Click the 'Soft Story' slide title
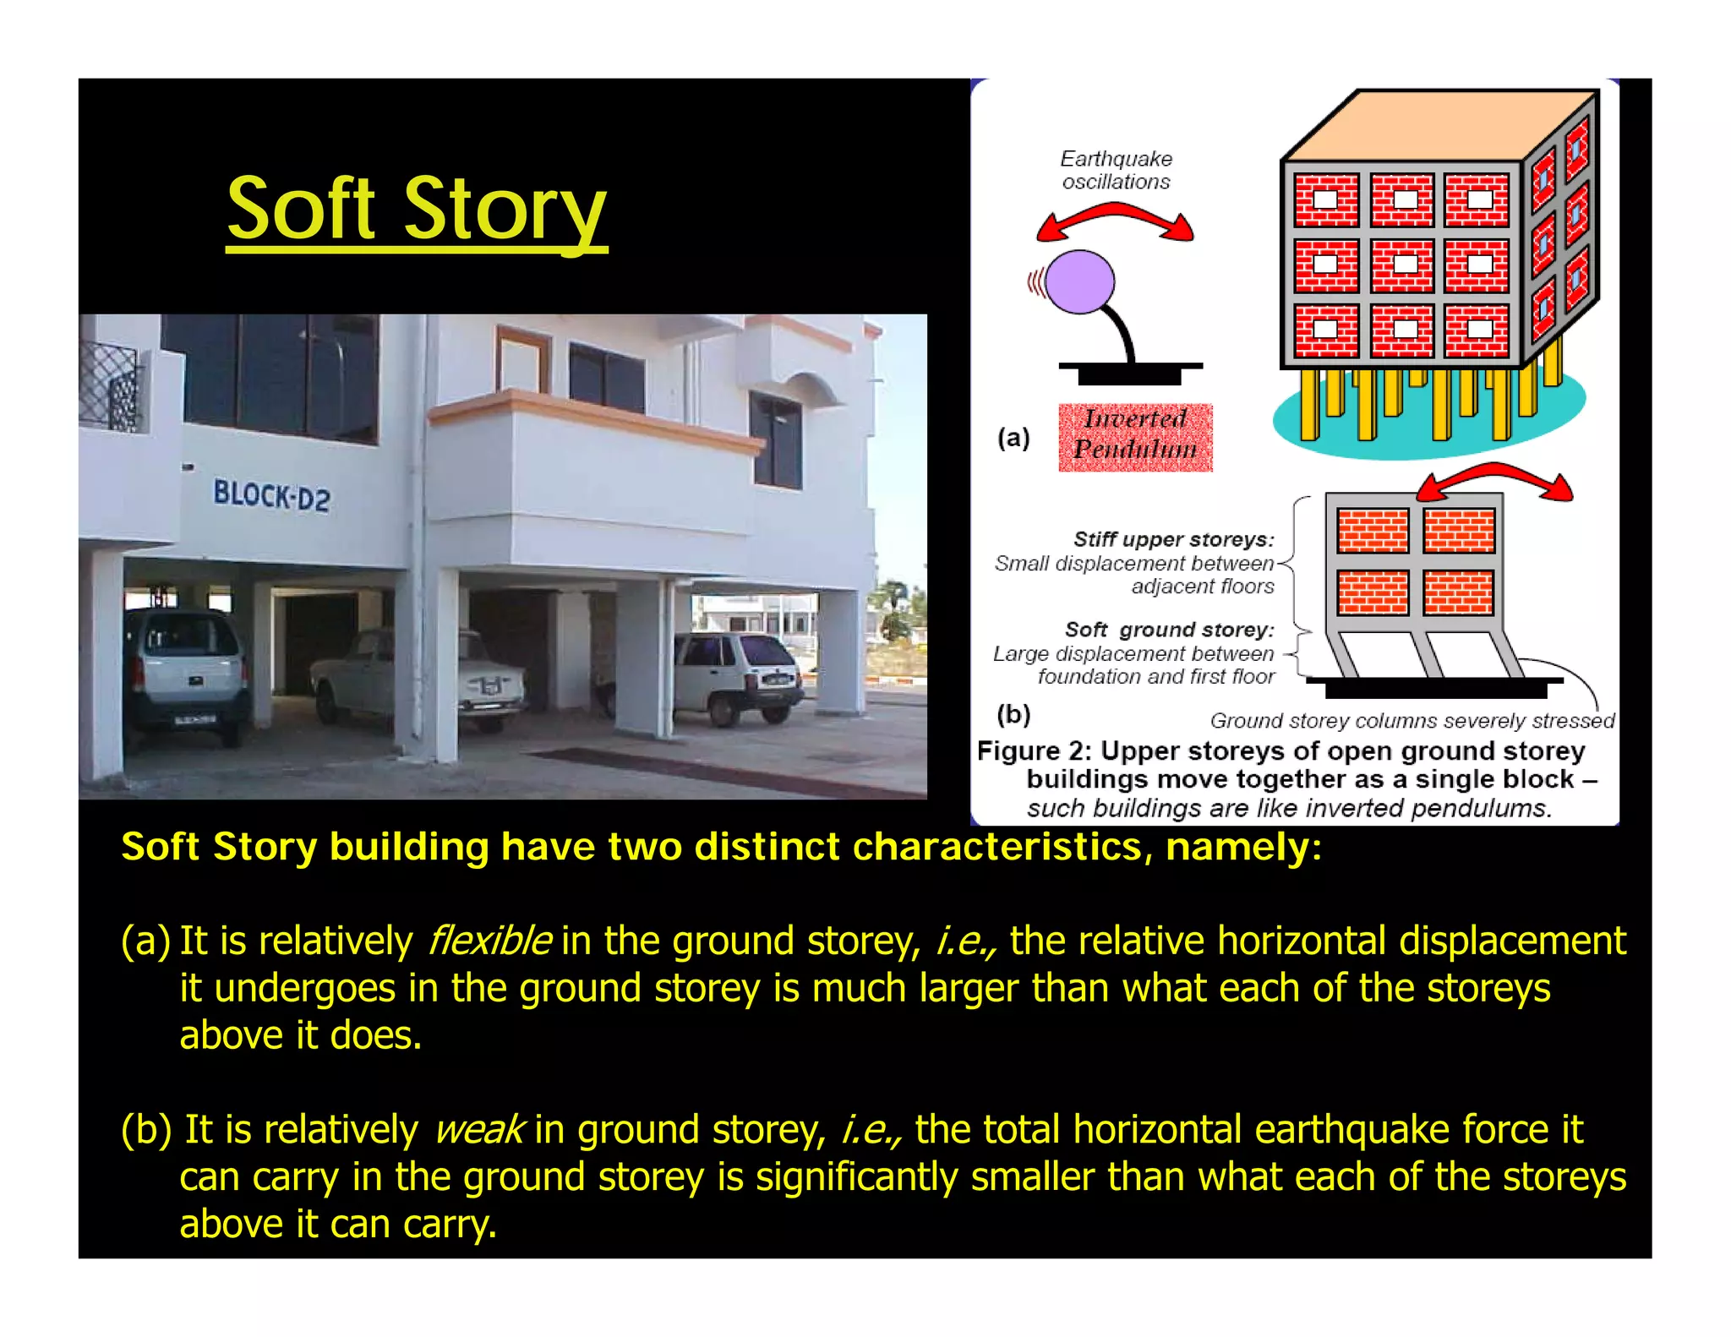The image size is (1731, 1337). point(417,209)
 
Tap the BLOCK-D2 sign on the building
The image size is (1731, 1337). point(271,495)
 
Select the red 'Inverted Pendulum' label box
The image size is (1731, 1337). point(1135,437)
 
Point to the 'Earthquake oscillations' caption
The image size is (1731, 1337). point(1117,170)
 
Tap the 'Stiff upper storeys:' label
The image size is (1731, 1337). point(1173,539)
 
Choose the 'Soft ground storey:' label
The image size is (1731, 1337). point(1169,630)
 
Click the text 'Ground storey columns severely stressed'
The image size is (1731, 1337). point(1412,721)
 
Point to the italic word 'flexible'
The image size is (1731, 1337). point(490,941)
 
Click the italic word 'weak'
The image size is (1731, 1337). point(479,1130)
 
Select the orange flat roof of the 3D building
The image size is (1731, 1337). point(1437,127)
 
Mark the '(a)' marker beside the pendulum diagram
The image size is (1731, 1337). point(1013,438)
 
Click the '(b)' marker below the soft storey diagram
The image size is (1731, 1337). point(1013,715)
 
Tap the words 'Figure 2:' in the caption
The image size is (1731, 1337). point(1035,751)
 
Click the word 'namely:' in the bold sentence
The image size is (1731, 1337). point(1243,847)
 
